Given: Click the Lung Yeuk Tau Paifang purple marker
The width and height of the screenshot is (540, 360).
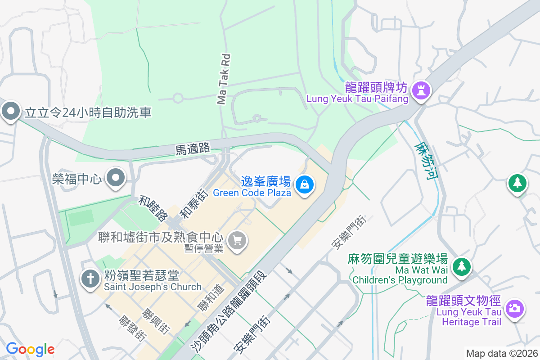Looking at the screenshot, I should click(422, 90).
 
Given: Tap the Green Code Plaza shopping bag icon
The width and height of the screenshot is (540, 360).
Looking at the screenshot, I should click(305, 184).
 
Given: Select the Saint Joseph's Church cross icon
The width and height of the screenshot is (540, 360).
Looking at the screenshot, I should click(90, 279).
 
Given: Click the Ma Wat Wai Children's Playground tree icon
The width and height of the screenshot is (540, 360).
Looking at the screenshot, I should click(461, 266).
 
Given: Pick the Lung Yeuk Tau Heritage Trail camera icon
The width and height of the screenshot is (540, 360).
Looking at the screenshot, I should click(513, 309).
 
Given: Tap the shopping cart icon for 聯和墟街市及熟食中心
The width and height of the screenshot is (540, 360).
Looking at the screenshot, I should click(237, 240).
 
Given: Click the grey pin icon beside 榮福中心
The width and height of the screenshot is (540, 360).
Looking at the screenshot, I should click(116, 179).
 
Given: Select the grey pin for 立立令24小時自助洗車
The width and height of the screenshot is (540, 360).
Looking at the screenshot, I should click(10, 111).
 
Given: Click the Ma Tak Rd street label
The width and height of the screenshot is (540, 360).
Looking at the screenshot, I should click(224, 79).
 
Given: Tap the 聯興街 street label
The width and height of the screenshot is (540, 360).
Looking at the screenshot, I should click(155, 321).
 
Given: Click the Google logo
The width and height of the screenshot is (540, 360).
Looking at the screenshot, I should click(30, 349).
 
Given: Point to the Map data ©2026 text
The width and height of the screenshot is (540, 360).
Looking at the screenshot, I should click(502, 354).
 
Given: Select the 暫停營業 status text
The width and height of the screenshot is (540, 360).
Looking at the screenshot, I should click(204, 248).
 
